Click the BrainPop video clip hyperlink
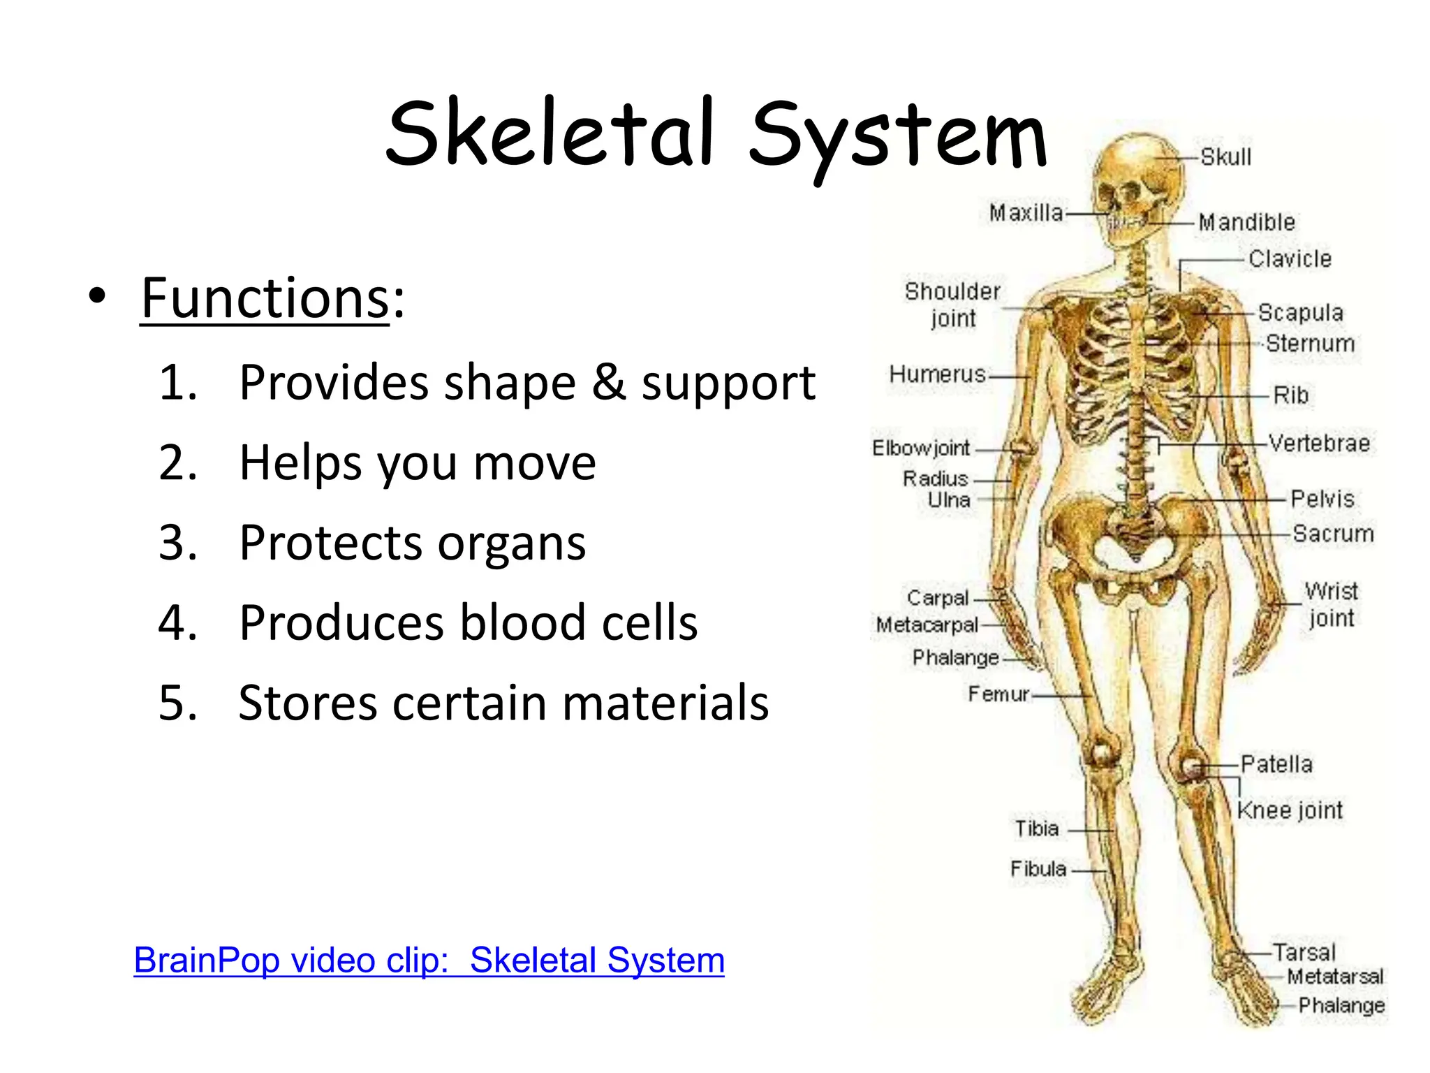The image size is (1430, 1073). click(x=429, y=960)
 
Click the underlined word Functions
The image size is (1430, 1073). click(x=265, y=298)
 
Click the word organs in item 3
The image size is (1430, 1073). click(x=512, y=543)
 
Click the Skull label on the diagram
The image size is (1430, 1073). click(x=1225, y=157)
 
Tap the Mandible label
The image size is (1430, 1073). click(x=1246, y=222)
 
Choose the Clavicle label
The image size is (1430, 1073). click(x=1290, y=259)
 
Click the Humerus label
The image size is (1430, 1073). click(x=937, y=374)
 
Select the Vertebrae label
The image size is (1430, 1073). click(x=1319, y=444)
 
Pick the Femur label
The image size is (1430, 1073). click(x=998, y=694)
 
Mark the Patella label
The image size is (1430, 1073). click(x=1276, y=764)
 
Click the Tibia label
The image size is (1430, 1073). click(x=1037, y=829)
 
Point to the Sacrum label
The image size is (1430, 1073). click(x=1332, y=534)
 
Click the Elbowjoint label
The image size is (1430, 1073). click(x=921, y=448)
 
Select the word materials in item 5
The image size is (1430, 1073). click(x=665, y=703)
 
